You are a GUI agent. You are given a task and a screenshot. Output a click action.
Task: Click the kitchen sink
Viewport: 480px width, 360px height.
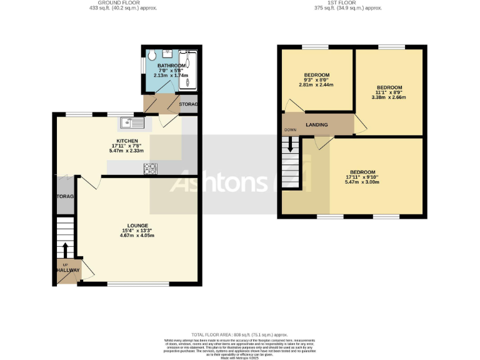pos(134,121)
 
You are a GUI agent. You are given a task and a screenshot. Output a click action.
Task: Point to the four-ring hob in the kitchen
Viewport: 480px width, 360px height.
pos(151,168)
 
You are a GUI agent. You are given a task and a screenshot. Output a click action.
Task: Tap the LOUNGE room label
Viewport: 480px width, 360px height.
pos(137,225)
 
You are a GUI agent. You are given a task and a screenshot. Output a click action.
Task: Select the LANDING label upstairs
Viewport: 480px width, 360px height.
pos(317,125)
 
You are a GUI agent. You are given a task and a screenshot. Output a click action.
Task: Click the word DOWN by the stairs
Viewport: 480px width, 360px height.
pos(290,130)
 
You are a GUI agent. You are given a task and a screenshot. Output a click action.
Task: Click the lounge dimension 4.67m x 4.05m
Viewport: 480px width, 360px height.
pos(137,236)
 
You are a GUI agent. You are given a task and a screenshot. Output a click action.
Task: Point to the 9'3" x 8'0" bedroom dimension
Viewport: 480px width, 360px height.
pos(317,79)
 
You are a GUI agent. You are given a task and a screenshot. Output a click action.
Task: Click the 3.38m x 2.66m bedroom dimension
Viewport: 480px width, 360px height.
pos(389,97)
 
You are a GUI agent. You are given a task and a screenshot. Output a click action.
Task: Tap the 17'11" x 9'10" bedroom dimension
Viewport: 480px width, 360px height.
pos(362,177)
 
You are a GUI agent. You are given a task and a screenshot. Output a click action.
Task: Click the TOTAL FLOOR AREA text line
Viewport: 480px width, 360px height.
pos(239,334)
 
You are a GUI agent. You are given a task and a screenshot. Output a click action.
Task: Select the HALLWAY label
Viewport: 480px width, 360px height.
pos(67,270)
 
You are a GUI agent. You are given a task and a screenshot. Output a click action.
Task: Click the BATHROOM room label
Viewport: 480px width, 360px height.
pos(171,66)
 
